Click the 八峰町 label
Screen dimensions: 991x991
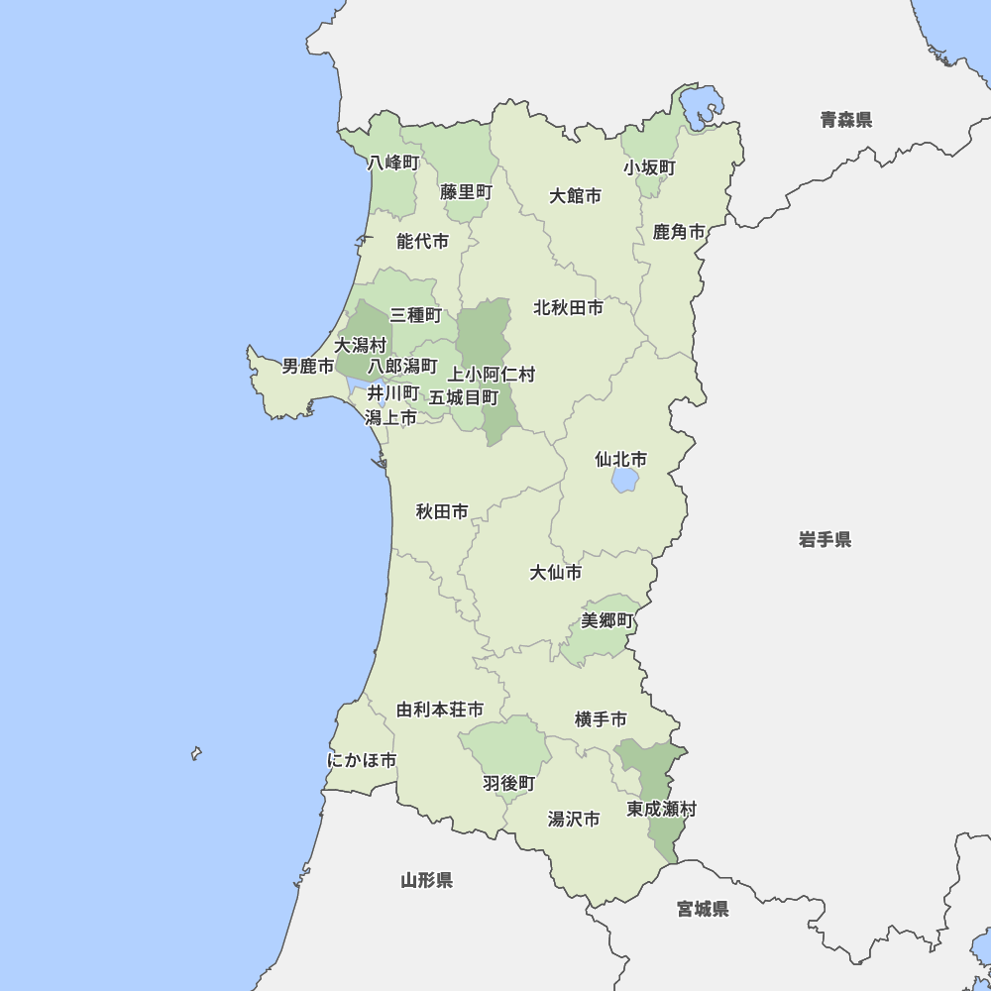point(393,163)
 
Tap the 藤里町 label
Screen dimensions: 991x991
point(466,192)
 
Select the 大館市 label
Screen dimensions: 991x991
point(575,196)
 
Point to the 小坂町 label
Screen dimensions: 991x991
point(649,167)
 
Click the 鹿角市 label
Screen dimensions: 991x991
point(679,232)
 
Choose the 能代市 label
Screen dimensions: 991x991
point(422,241)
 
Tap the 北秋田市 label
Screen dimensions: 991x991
point(568,308)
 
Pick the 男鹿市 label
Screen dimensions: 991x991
point(307,367)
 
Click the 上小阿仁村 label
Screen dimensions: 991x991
point(491,375)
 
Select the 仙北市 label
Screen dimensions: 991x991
point(620,460)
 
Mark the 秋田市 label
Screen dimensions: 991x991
point(442,512)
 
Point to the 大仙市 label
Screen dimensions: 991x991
point(555,573)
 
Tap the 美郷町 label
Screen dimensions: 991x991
point(606,621)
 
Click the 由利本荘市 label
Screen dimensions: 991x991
point(440,711)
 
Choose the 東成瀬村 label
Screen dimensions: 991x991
point(661,810)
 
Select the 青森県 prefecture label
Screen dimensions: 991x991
point(845,120)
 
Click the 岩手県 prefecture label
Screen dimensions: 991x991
point(825,540)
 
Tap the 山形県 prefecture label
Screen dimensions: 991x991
point(426,880)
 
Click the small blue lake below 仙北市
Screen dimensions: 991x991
point(624,481)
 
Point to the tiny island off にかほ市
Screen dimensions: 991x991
point(196,754)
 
